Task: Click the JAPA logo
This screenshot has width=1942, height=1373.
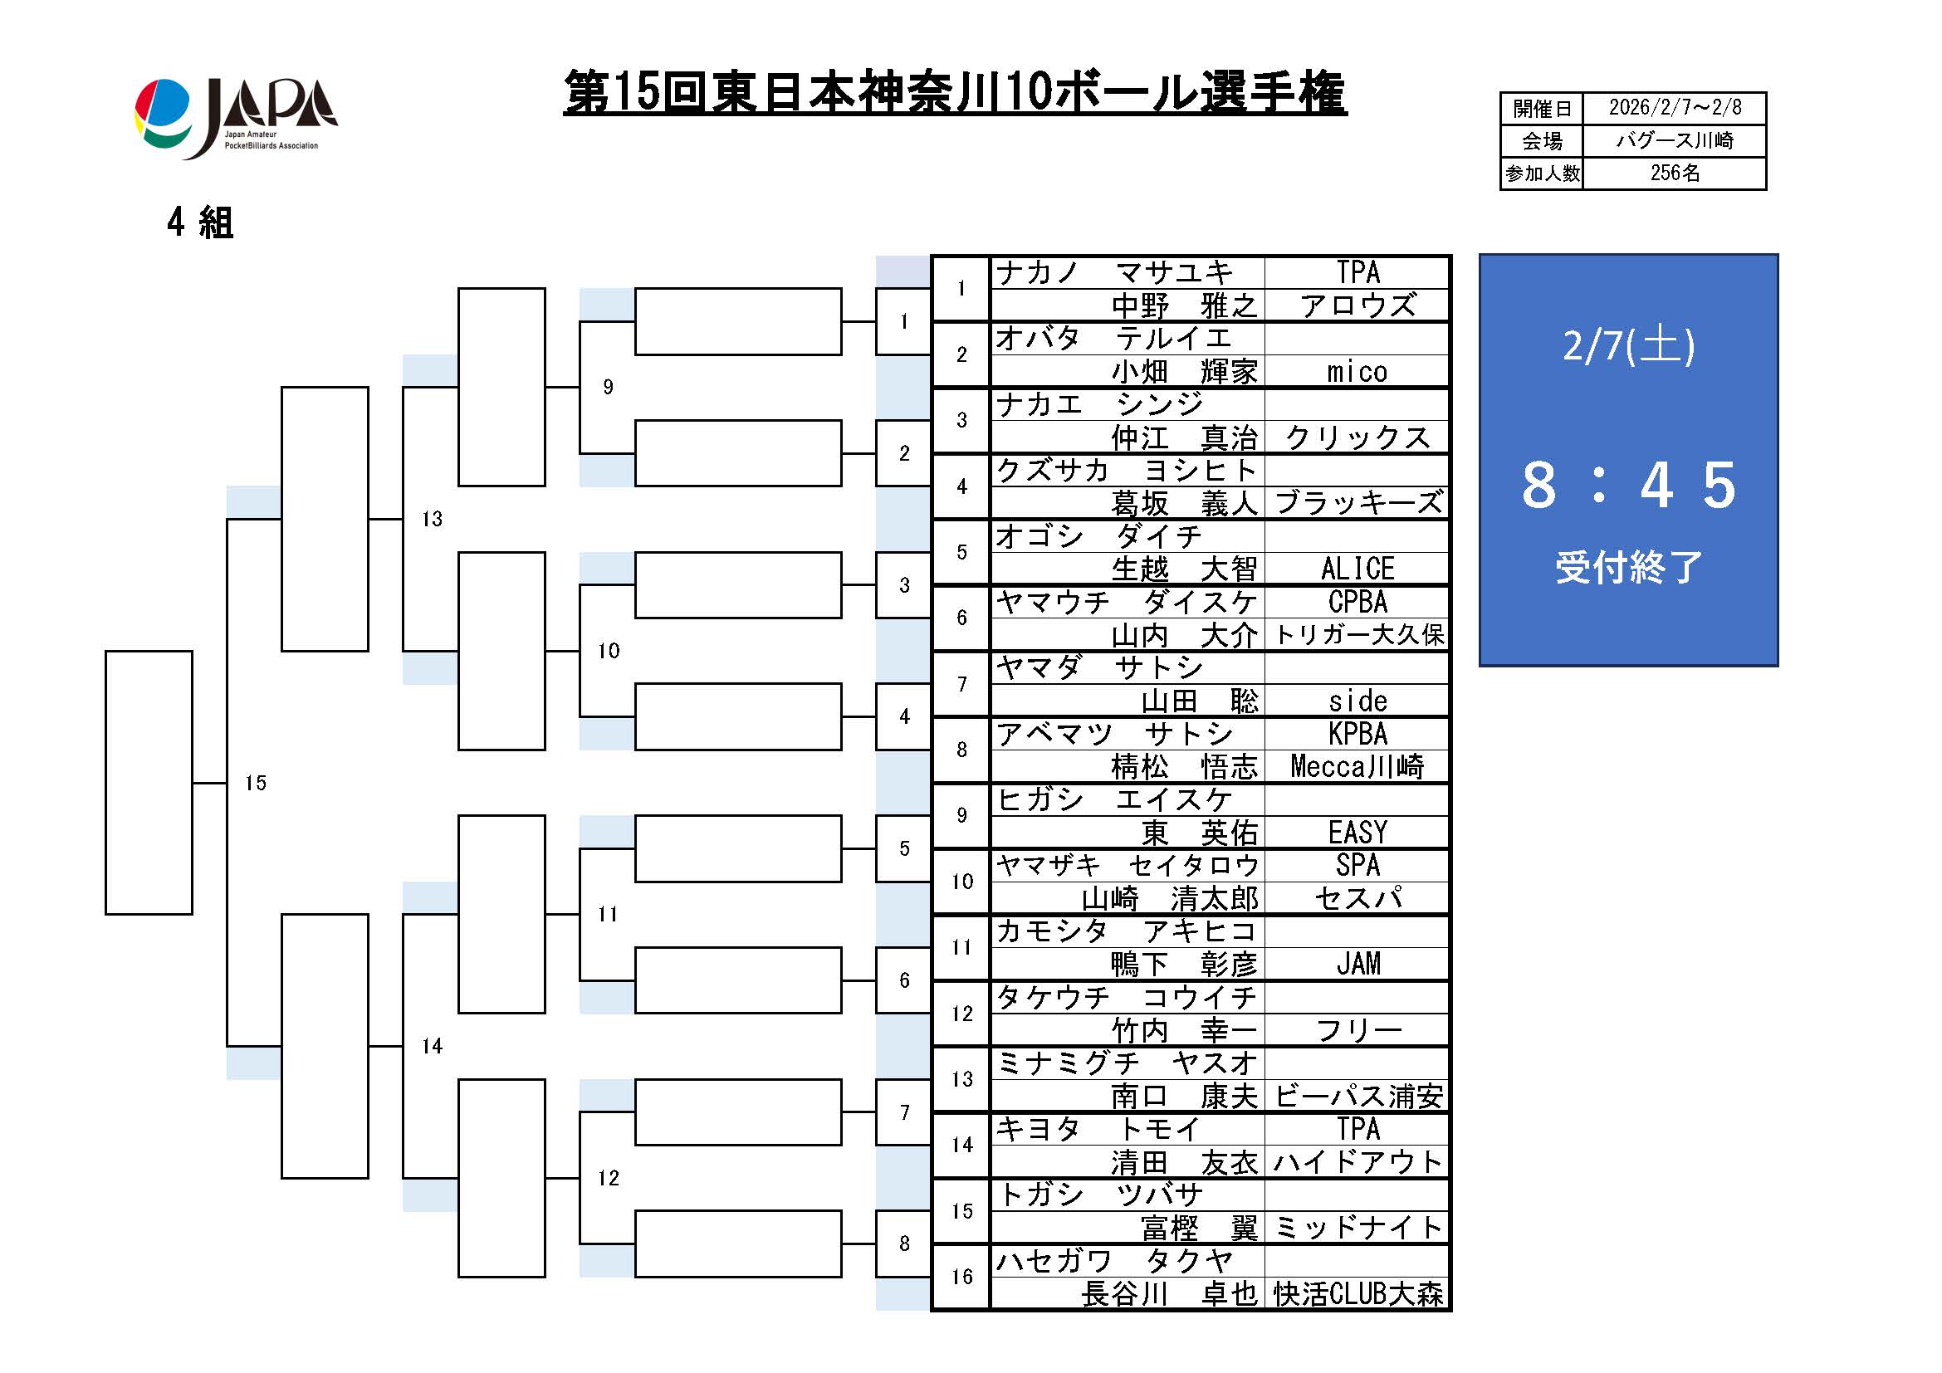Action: tap(236, 118)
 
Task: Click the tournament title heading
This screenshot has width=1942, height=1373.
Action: tap(954, 93)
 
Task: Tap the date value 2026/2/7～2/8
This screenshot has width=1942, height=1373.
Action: tap(1674, 108)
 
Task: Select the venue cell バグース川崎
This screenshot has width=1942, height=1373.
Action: tap(1674, 140)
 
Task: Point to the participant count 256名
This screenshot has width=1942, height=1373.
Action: tap(1674, 173)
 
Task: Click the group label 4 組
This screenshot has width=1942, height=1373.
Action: tap(200, 223)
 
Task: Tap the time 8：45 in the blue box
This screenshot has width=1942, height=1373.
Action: tap(1628, 486)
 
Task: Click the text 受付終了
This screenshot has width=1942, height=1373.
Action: tap(1628, 567)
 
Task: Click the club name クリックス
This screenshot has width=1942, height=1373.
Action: tap(1357, 438)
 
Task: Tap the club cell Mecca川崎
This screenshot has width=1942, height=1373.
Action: tap(1357, 767)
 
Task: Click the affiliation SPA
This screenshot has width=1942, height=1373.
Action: tap(1357, 866)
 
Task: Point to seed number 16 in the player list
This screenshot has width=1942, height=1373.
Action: tap(961, 1278)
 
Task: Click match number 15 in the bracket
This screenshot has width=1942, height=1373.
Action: tap(256, 784)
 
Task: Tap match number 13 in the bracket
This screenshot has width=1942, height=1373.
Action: tap(433, 519)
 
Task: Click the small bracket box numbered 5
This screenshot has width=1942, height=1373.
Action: tap(904, 849)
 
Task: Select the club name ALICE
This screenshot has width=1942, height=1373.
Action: tap(1357, 569)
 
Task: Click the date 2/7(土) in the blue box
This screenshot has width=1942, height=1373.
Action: tap(1628, 346)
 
